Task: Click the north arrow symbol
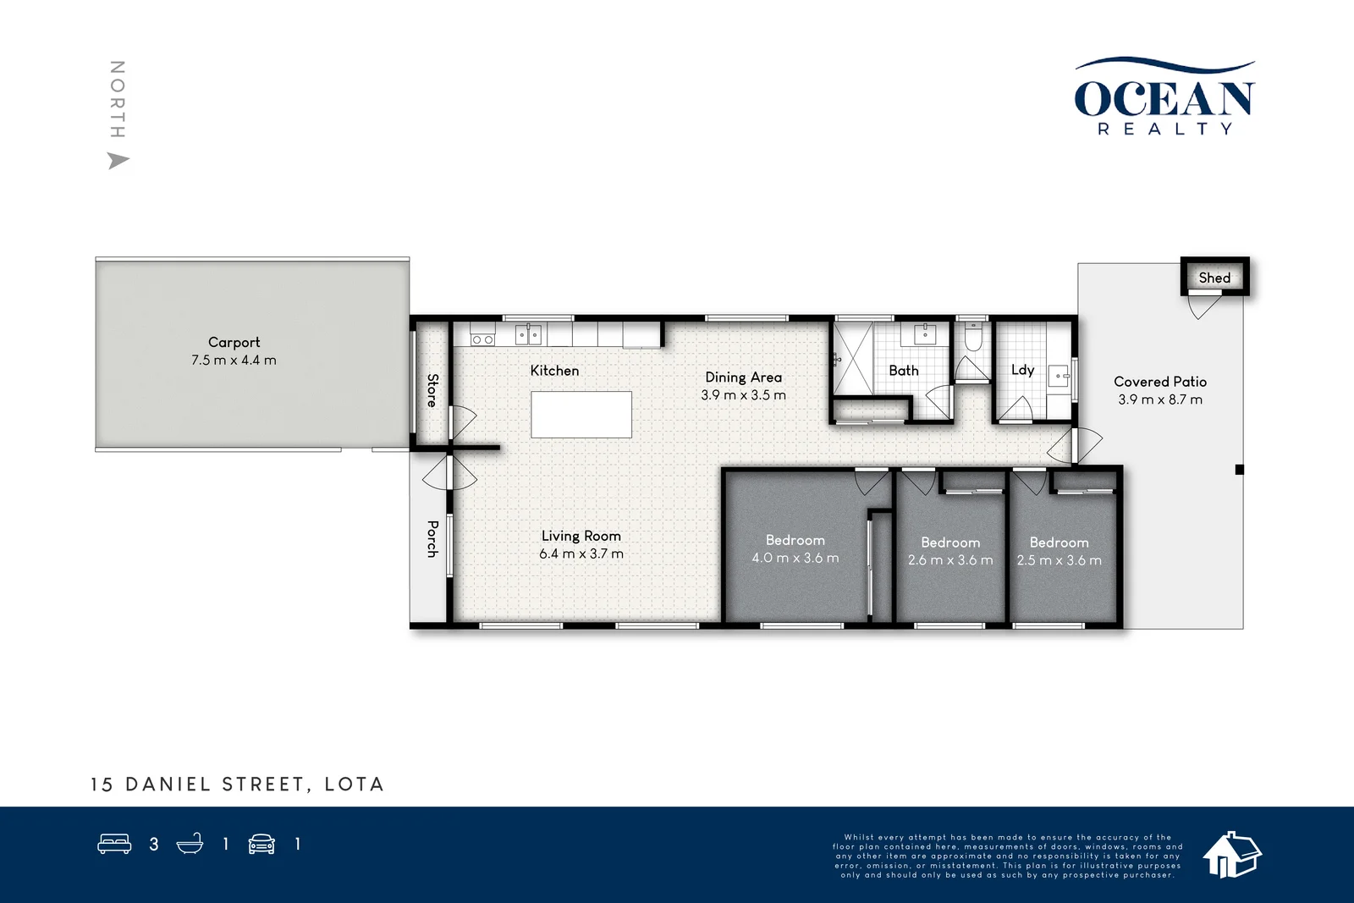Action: pos(118,160)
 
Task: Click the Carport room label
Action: pos(234,342)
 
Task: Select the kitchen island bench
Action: pos(581,415)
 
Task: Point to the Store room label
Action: pos(432,390)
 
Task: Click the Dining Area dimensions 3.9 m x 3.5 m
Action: pos(743,395)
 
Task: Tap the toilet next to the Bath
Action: pos(973,339)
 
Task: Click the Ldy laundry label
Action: pos(1022,370)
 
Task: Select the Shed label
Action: pos(1214,278)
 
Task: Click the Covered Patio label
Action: pos(1159,382)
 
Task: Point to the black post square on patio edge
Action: pos(1240,470)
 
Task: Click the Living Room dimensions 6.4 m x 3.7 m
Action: pos(581,554)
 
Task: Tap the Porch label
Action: pos(432,538)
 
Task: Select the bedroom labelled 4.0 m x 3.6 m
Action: pos(795,548)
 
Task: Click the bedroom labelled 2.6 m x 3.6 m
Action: pos(950,551)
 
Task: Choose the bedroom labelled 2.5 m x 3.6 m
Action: pos(1060,551)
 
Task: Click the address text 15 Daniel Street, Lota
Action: pos(238,785)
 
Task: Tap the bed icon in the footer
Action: pos(115,844)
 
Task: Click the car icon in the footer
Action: pos(261,844)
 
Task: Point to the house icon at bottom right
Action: pos(1231,854)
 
